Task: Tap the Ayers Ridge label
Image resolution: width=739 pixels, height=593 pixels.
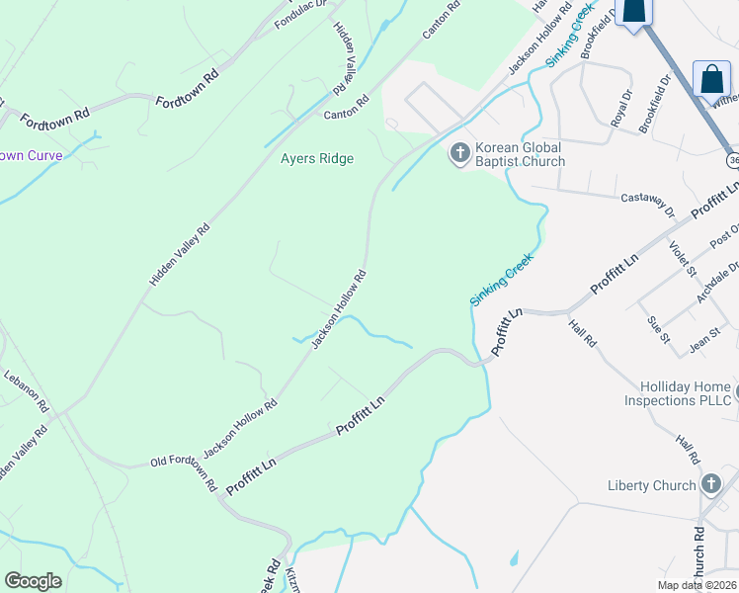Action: [x=316, y=158]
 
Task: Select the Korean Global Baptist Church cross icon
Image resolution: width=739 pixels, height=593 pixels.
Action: [x=459, y=153]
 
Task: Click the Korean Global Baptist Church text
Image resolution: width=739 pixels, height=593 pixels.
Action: [x=520, y=154]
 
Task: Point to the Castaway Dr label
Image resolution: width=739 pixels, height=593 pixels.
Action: [x=647, y=204]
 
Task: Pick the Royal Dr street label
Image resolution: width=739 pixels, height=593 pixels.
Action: [x=620, y=109]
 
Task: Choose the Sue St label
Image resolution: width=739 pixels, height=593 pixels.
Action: [x=657, y=329]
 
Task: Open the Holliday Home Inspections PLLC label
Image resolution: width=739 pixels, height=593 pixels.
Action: [x=678, y=393]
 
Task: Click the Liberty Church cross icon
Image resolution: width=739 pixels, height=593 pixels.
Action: [x=710, y=484]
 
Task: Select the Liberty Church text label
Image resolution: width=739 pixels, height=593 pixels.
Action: [x=652, y=485]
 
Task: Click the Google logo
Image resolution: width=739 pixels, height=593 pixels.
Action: [x=33, y=580]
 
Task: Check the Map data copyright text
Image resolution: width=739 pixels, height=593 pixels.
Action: [x=698, y=585]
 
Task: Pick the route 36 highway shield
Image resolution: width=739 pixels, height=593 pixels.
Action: [x=732, y=159]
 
